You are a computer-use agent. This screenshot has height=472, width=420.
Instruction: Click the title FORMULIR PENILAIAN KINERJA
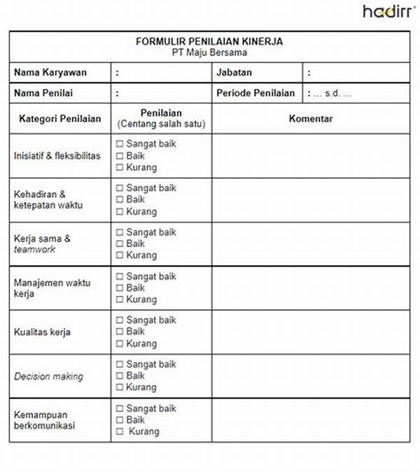point(209,41)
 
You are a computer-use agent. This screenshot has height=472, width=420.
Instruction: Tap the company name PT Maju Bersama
point(209,52)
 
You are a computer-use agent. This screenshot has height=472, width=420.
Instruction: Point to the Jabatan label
point(234,72)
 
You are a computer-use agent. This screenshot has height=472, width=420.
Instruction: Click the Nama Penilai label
point(43,92)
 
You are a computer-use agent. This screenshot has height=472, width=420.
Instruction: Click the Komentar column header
point(311,118)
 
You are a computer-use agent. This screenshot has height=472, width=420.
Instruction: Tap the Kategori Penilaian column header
point(59,119)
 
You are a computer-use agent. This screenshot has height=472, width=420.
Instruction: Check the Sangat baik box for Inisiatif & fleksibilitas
point(120,144)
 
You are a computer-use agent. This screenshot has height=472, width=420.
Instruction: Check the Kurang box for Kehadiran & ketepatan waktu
point(120,211)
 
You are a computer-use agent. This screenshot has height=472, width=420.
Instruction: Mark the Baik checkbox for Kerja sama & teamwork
point(120,243)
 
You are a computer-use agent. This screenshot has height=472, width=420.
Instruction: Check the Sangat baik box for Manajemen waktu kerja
point(120,276)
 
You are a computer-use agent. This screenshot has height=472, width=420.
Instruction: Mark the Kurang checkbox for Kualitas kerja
point(120,343)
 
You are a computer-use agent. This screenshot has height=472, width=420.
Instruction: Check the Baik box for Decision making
point(120,376)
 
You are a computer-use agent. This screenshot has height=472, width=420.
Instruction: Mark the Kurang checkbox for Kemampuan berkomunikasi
point(120,431)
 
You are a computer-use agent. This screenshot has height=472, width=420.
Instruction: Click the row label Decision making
point(48,376)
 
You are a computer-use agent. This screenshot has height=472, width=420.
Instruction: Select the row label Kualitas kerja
point(42,332)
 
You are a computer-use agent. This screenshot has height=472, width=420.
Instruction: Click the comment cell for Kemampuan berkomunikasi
point(311,420)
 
